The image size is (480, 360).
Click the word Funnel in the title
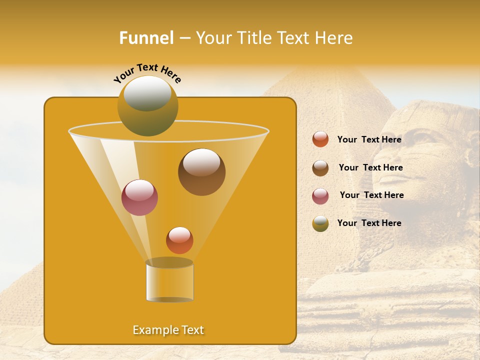[146, 38]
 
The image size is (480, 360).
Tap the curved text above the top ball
[147, 72]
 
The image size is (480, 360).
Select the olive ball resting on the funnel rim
[147, 105]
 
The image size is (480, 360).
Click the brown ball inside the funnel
[201, 172]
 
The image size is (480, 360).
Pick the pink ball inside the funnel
[139, 197]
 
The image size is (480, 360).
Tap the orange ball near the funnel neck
[179, 240]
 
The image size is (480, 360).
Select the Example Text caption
[168, 330]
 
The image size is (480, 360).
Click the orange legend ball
[320, 139]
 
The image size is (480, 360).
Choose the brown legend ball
[320, 168]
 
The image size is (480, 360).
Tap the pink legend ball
[320, 196]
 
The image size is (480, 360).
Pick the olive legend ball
[320, 223]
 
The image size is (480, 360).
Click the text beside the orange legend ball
[369, 139]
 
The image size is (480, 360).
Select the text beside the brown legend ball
[370, 167]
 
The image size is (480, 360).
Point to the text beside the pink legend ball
[371, 195]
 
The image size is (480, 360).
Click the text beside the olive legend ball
[369, 223]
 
